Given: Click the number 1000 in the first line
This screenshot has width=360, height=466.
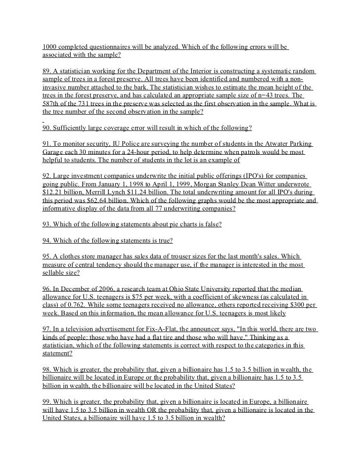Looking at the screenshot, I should point(50,47).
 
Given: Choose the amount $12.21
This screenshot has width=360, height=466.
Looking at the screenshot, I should point(53,193).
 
